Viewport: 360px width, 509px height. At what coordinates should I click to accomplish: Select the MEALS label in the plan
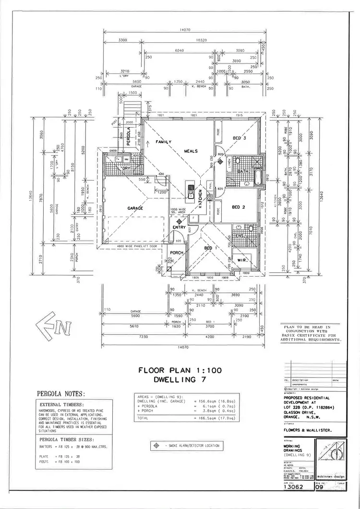pos(191,151)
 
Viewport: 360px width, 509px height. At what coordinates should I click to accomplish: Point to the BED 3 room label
pos(240,138)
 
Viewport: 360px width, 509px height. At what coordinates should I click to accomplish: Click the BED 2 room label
pos(239,207)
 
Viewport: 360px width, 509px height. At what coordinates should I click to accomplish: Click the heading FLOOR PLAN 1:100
pos(178,370)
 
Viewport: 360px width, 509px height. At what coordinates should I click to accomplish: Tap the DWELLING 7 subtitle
pos(178,379)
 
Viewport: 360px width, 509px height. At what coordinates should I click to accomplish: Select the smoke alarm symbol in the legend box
pos(156,446)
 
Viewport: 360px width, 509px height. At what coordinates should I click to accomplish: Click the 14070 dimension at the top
pos(185,30)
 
